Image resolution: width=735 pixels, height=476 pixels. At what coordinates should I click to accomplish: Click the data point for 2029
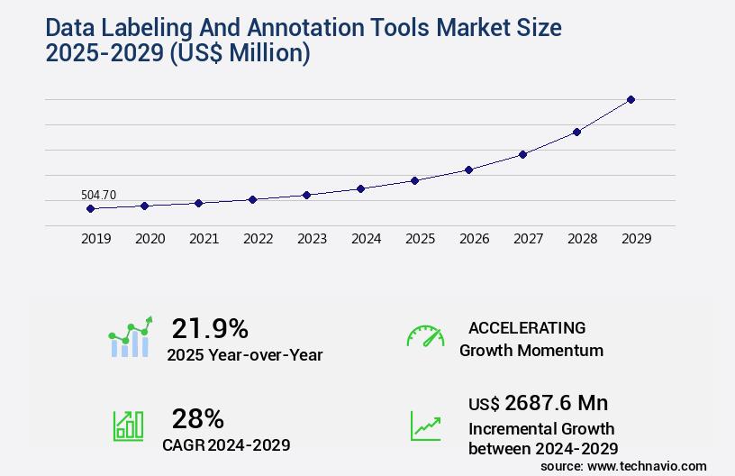[x=631, y=99]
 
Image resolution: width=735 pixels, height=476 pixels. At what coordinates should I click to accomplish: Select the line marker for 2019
[x=90, y=208]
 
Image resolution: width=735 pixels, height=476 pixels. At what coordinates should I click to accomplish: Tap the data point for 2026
[x=468, y=169]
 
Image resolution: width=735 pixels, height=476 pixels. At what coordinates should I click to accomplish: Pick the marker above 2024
[x=360, y=188]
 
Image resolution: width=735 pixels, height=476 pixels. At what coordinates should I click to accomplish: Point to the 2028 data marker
[x=576, y=132]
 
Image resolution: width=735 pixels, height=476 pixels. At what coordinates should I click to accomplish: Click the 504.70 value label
[x=98, y=195]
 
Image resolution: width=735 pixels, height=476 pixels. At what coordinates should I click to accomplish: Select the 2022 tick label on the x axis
[x=258, y=239]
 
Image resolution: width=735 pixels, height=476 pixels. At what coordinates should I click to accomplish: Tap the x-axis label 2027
[x=528, y=239]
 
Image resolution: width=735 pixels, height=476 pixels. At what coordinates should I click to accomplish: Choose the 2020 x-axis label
[x=150, y=239]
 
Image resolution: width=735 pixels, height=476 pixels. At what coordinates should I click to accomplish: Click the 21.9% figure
[x=210, y=328]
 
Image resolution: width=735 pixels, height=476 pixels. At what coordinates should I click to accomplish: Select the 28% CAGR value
[x=198, y=418]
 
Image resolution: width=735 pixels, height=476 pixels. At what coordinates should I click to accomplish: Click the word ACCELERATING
[x=527, y=327]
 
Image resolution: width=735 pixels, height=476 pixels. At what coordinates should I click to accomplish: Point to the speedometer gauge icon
[x=425, y=336]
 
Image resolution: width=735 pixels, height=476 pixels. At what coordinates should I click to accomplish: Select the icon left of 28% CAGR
[x=127, y=426]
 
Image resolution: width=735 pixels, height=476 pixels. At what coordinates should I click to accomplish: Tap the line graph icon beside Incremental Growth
[x=425, y=426]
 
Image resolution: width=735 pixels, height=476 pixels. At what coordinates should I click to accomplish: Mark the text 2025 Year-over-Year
[x=244, y=355]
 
